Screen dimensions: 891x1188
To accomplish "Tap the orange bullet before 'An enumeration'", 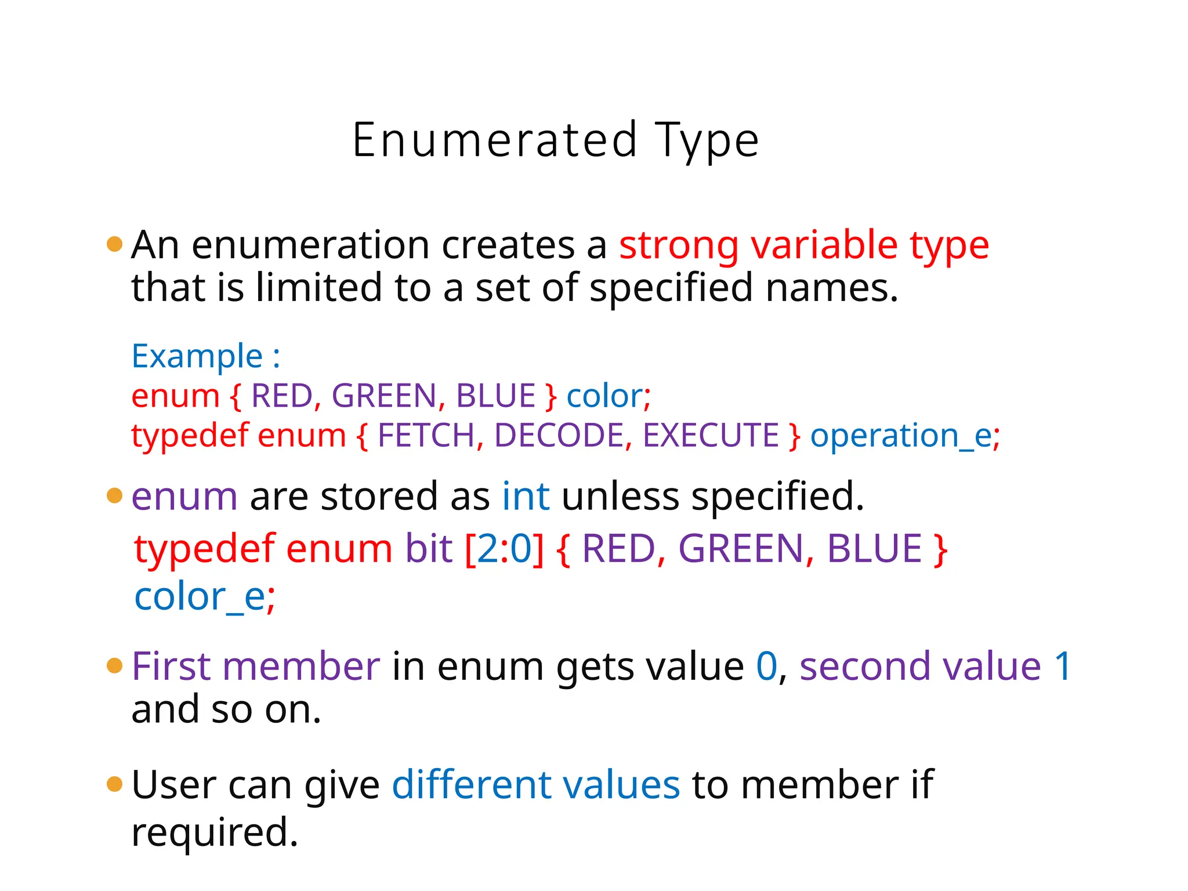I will coord(115,244).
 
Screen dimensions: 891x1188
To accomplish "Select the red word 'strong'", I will coord(678,246).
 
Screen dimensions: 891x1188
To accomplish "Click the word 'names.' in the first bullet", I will coord(831,288).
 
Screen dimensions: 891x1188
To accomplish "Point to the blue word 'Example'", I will coord(197,356).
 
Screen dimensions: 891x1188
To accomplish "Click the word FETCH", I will coord(426,435).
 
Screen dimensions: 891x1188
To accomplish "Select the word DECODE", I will coord(559,435).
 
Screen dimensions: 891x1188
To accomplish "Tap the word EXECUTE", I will coord(711,435).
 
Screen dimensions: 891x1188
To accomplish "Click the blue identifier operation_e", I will coord(901,436).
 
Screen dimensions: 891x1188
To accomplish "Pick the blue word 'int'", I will coord(526,497).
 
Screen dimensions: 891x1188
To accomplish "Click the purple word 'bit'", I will coord(429,549).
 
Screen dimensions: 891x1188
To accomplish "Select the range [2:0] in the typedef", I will coord(505,549).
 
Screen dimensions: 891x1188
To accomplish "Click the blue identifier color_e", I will coord(200,597).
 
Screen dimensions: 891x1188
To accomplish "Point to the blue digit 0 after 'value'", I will coord(766,666).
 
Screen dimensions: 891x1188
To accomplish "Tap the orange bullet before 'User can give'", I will coord(115,784).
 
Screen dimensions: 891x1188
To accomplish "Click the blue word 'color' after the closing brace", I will coord(604,396).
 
